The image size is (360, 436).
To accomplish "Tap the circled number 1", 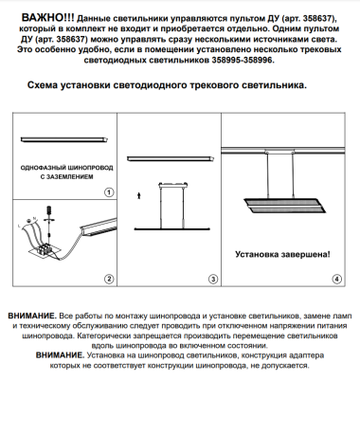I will [x=109, y=191].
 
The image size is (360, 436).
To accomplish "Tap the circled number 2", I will [x=109, y=279].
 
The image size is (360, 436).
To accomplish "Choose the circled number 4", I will [x=335, y=279].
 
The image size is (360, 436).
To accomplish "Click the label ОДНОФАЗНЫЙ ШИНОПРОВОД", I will [x=65, y=167].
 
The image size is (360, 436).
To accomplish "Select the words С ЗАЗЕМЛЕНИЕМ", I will [x=66, y=177].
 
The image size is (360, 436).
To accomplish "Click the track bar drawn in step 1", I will [x=65, y=140].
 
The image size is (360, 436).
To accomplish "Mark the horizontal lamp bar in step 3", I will [x=171, y=227].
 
